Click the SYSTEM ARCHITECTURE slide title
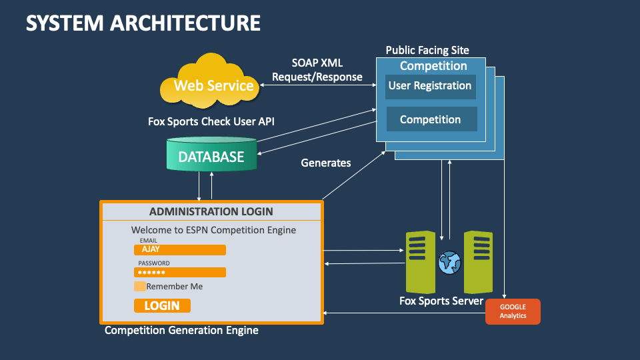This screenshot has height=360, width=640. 143,23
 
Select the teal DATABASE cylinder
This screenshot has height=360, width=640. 211,157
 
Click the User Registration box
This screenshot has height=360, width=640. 430,86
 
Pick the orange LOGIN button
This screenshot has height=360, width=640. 162,305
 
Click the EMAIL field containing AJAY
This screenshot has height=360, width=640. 180,249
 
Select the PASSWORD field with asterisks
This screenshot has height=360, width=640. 180,272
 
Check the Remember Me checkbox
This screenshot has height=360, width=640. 140,286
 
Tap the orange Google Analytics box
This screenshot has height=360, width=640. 513,311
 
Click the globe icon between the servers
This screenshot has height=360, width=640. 449,262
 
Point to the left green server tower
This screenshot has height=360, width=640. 420,262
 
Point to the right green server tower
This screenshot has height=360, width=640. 478,262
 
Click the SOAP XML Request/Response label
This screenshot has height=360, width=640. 317,70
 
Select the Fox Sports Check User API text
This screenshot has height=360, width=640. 211,122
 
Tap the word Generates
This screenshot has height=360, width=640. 326,163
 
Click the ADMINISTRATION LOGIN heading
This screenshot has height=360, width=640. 211,211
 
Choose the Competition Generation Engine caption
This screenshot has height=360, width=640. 181,330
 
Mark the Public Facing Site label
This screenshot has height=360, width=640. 427,50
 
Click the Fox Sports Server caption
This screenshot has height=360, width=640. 441,301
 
